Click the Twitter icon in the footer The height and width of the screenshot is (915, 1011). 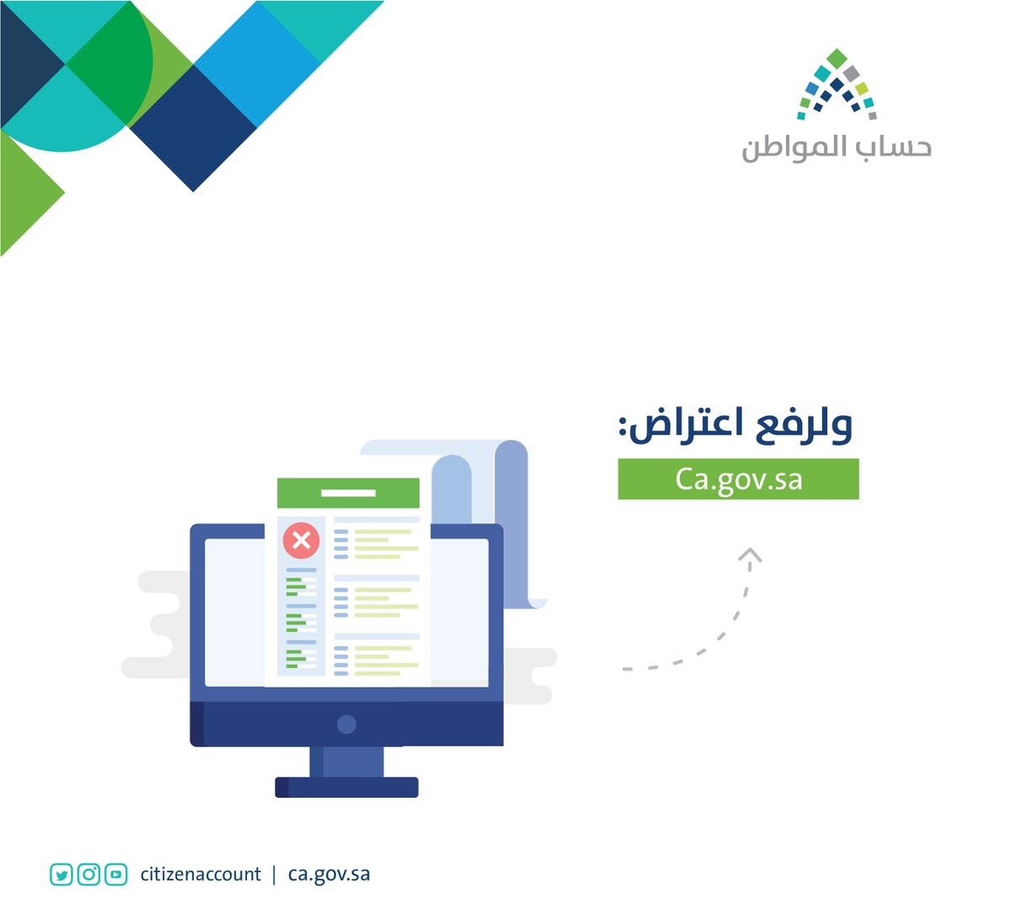61,875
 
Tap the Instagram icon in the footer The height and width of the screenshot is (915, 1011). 88,875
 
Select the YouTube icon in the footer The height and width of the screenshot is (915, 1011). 116,875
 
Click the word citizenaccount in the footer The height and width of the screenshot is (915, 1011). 201,875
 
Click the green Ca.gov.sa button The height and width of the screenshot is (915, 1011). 738,479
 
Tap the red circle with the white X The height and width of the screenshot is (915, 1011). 301,540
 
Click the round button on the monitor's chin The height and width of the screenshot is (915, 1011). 347,725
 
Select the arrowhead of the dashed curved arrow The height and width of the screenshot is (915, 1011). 750,554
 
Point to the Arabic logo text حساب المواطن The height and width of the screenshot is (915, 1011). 837,147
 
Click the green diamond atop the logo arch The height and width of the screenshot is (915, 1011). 837,58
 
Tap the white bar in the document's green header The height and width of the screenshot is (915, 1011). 348,493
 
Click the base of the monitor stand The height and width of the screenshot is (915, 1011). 347,788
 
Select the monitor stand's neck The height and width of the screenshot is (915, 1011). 347,762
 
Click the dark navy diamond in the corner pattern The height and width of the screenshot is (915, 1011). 193,128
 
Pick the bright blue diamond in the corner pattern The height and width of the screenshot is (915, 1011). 257,64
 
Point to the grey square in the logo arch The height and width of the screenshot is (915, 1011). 851,73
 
